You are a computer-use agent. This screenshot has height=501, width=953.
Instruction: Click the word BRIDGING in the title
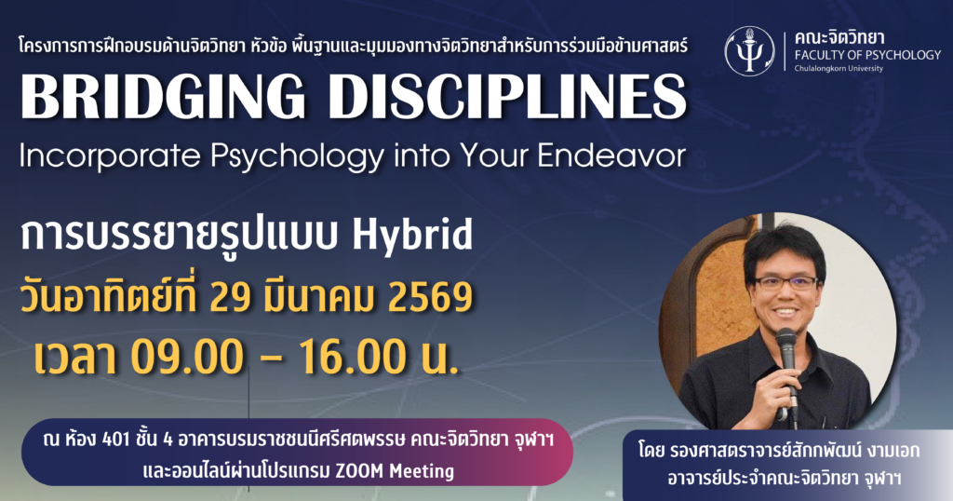click(162, 97)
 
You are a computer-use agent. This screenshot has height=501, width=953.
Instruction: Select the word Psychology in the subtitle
click(298, 156)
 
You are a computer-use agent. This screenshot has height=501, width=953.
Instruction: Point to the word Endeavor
click(611, 155)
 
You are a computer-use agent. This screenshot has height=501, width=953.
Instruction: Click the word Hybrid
click(412, 235)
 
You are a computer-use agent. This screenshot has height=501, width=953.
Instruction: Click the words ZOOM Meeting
click(395, 470)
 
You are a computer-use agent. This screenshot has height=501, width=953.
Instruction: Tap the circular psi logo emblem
click(749, 51)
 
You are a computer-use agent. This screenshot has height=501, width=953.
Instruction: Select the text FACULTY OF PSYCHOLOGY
click(868, 55)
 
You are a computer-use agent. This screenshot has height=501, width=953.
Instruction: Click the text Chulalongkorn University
click(839, 69)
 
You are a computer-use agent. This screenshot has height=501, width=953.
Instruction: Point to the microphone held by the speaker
click(788, 372)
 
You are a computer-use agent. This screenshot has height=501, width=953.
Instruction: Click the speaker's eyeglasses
click(785, 283)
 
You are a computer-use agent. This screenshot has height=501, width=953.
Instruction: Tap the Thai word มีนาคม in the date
click(323, 298)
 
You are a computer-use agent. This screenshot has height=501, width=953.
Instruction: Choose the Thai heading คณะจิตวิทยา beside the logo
click(839, 37)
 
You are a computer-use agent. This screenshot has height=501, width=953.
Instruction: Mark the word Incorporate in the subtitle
click(111, 156)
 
